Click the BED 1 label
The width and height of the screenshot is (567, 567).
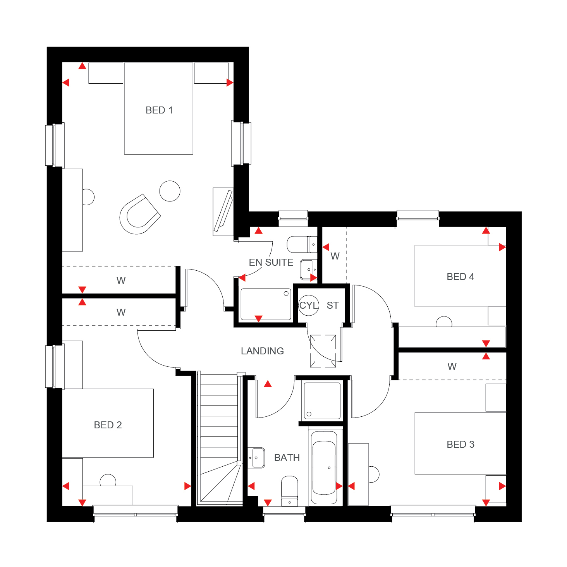click(159, 110)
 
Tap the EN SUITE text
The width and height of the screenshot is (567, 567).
click(271, 262)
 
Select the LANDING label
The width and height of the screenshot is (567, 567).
click(262, 351)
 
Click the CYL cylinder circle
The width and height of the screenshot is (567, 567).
click(308, 305)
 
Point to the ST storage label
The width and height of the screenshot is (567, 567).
click(332, 306)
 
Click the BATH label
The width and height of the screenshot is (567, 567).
click(287, 457)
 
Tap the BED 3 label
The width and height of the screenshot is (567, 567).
click(460, 444)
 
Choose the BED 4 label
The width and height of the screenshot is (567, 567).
click(460, 277)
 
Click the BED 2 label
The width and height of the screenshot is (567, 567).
click(108, 425)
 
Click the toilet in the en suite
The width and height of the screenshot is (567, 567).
click(302, 244)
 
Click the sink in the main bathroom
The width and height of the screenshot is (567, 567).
click(256, 458)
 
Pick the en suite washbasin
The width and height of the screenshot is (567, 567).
click(308, 269)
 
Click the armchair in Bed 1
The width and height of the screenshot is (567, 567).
click(139, 214)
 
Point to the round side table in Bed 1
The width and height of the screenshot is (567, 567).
click(170, 191)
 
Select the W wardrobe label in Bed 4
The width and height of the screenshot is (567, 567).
click(335, 256)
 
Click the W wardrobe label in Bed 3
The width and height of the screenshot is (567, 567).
click(452, 366)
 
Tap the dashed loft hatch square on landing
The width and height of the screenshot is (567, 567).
click(323, 351)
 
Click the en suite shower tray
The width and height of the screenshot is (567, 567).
click(266, 304)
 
